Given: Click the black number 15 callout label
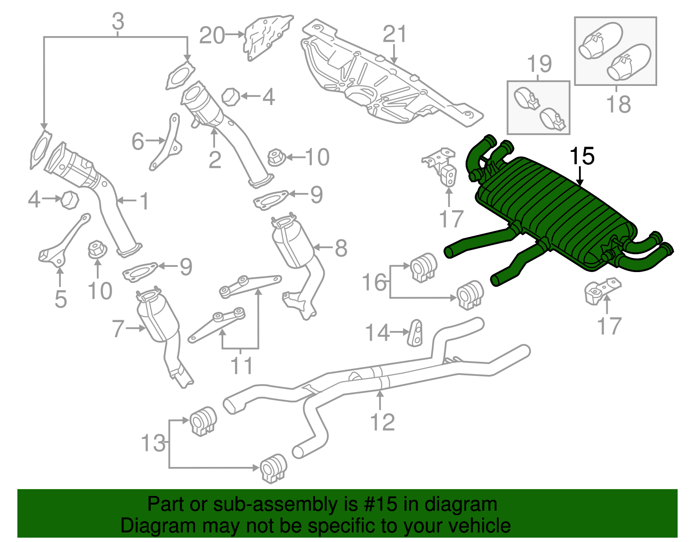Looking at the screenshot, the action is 582,156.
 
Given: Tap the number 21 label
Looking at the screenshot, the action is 395,34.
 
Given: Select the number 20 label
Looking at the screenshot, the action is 212,35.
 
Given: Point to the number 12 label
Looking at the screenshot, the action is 383,422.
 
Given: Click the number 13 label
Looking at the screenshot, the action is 153,443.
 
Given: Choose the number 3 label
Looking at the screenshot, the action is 118,21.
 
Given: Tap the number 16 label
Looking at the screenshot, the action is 374,282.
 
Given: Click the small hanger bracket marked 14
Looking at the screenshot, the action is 415,333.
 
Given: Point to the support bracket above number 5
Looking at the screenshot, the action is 64,241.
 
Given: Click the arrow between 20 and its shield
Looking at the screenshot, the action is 235,34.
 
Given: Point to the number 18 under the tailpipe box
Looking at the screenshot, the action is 619,104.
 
